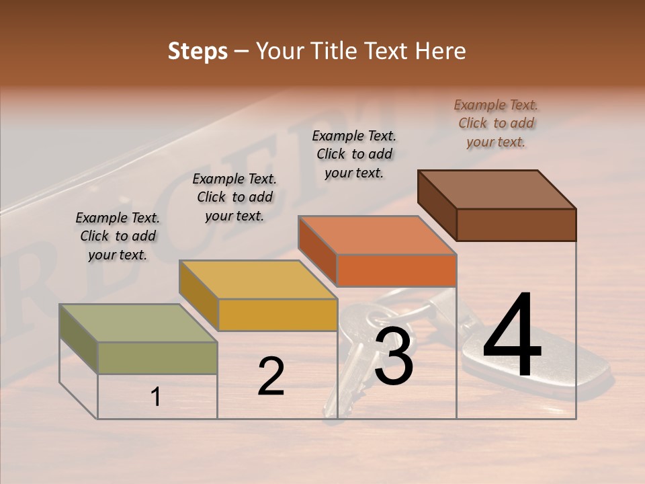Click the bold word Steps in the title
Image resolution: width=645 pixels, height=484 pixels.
pyautogui.click(x=198, y=51)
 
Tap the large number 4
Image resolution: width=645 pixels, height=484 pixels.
pyautogui.click(x=512, y=336)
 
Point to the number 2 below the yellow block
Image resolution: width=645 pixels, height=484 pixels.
pyautogui.click(x=271, y=377)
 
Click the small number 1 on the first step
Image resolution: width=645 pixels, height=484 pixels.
pyautogui.click(x=156, y=397)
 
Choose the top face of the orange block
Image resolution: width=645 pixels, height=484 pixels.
pyautogui.click(x=378, y=235)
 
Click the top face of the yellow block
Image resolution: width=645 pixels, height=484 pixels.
pyautogui.click(x=258, y=280)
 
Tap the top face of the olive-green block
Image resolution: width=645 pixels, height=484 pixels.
pyautogui.click(x=138, y=323)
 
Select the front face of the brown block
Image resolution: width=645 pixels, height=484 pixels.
pyautogui.click(x=516, y=225)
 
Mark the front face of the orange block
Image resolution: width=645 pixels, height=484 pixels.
pyautogui.click(x=396, y=270)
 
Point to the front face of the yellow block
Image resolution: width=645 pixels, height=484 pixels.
pyautogui.click(x=277, y=315)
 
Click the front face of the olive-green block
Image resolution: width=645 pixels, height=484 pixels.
pyautogui.click(x=157, y=358)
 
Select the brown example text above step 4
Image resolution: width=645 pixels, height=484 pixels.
pyautogui.click(x=496, y=123)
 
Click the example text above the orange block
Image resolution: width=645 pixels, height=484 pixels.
pyautogui.click(x=354, y=154)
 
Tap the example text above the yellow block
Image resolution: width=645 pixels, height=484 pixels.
pyautogui.click(x=234, y=197)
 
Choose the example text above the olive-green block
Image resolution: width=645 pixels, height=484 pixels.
pyautogui.click(x=118, y=236)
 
